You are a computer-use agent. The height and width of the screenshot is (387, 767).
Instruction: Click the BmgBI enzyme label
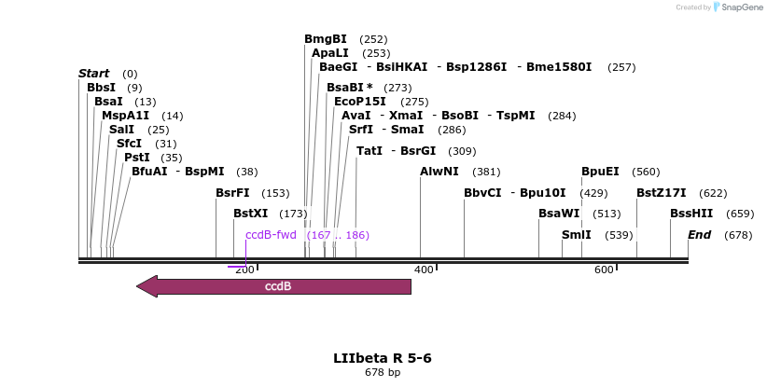point(325,39)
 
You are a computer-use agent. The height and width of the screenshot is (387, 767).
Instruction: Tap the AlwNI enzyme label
point(439,172)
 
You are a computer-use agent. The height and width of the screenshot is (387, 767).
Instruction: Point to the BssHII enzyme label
point(691,214)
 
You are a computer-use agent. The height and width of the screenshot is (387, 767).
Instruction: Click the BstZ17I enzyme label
point(661,193)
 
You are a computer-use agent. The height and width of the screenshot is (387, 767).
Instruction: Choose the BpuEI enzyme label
point(600,172)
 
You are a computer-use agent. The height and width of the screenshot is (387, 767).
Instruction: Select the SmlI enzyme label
point(576,235)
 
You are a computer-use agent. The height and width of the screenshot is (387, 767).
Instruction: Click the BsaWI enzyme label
point(559,214)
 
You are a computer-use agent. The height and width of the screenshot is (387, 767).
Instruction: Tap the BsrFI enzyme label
point(232,193)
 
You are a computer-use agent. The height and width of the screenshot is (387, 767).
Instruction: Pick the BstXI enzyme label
point(250,214)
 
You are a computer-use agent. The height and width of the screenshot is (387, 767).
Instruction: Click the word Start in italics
point(93,74)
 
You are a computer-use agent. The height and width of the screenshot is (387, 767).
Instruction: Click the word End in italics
point(699,235)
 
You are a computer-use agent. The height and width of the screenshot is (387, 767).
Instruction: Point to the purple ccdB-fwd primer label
point(271,235)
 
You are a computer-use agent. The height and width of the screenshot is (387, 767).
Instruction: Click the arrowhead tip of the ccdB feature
point(139,286)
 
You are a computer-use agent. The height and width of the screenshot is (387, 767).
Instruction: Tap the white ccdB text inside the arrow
point(278,286)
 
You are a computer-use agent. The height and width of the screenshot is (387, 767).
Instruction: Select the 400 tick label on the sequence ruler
point(424,270)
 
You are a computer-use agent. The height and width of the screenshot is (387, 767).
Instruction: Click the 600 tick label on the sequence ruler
point(604,270)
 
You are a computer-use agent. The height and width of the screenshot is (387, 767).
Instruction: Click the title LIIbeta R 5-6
point(383,358)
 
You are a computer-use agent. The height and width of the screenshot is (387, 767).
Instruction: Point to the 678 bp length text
point(383,373)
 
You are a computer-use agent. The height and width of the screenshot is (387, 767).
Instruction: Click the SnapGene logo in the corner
point(738,7)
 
